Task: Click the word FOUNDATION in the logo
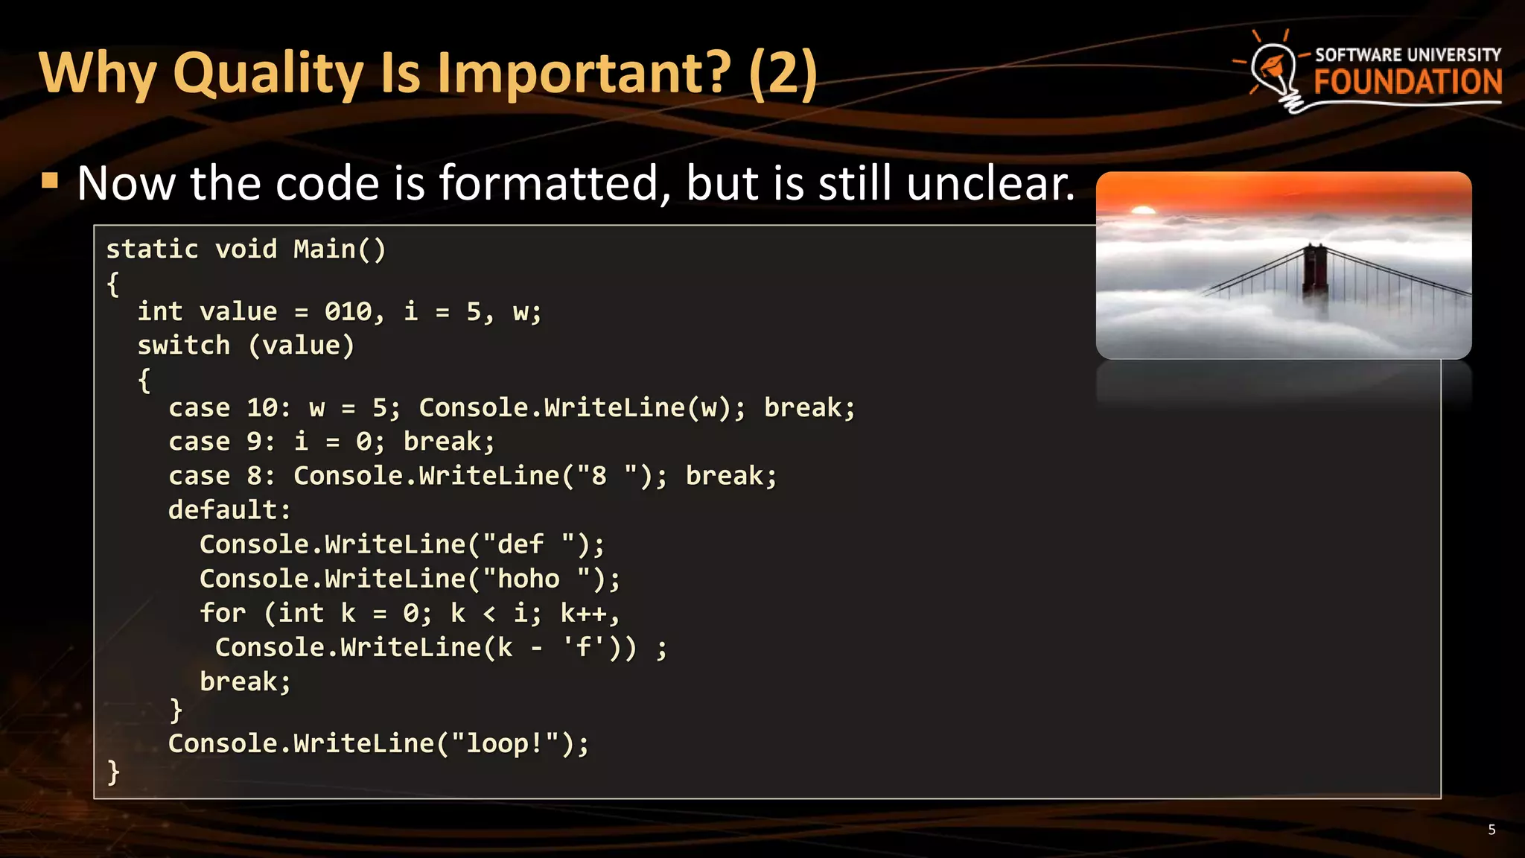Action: click(x=1407, y=83)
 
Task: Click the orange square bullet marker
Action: click(x=50, y=180)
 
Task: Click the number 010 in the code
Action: click(x=348, y=311)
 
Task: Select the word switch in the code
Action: click(x=183, y=346)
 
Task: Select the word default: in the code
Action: click(x=229, y=510)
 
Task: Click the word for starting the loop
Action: click(x=222, y=613)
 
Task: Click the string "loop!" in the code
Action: click(x=505, y=743)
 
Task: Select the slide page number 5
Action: click(x=1491, y=830)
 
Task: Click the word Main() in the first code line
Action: click(x=340, y=250)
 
